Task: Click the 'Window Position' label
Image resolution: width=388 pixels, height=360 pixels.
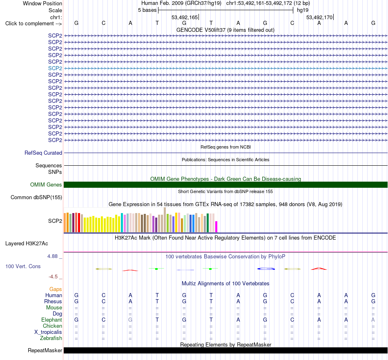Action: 42,3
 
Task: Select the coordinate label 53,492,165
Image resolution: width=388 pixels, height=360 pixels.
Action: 185,17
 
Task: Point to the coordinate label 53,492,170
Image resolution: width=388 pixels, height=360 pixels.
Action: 319,17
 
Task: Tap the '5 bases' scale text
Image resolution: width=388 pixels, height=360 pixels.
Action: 147,10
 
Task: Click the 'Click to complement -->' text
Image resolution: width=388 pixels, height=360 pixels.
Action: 33,24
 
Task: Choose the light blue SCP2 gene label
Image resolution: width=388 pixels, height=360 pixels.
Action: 55,68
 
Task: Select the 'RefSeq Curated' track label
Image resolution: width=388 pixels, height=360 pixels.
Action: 43,153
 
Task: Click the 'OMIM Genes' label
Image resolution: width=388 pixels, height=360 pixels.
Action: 46,185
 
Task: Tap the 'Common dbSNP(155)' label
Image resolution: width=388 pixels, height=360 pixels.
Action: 36,197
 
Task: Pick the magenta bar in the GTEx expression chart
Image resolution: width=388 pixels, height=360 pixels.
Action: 216,227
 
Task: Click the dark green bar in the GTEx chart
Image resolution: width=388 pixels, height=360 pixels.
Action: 207,223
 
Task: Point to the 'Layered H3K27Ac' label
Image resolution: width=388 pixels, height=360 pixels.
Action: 27,244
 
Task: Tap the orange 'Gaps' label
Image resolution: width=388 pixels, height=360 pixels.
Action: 56,289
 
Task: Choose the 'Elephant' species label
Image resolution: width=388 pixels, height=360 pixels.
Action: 51,320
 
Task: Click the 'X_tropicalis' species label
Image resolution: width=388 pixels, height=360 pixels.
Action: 48,332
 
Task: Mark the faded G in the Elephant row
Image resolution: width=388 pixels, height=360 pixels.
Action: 130,320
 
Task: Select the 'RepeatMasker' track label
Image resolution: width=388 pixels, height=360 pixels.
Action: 45,350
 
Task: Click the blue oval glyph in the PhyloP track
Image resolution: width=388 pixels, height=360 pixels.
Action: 266,269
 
